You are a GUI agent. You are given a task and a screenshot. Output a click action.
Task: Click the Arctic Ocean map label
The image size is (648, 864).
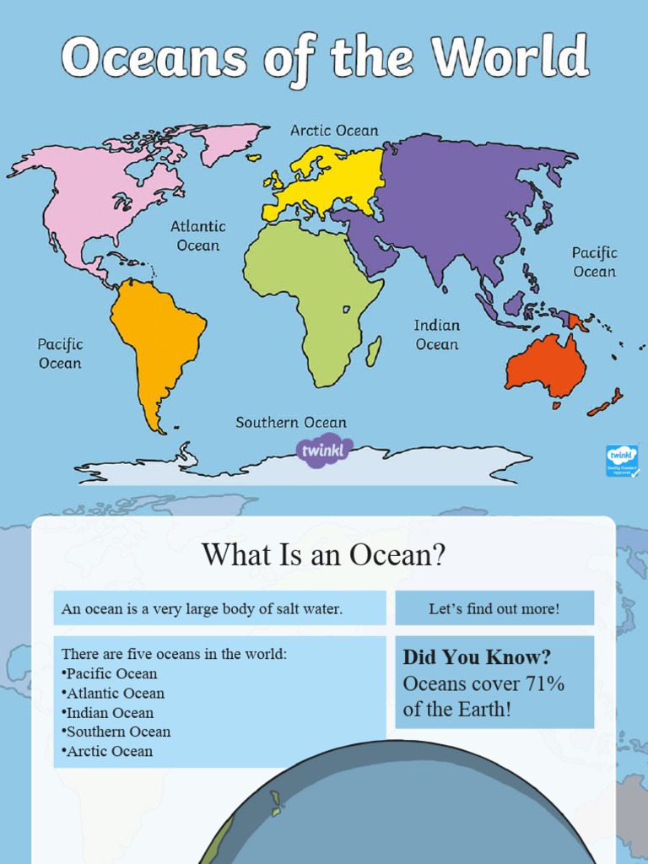(x=334, y=131)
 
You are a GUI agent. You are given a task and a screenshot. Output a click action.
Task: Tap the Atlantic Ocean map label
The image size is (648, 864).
(x=198, y=236)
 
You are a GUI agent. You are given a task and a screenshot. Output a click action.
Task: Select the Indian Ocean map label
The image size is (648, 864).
(x=437, y=335)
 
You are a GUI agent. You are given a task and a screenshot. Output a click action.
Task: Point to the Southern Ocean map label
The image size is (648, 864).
(x=291, y=423)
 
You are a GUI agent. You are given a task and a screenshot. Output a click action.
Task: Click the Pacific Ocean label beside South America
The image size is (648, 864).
(x=60, y=354)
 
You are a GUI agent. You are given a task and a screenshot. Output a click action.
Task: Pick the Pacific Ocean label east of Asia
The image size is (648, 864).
(x=594, y=262)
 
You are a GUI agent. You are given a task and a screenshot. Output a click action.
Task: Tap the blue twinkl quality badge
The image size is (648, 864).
(x=622, y=461)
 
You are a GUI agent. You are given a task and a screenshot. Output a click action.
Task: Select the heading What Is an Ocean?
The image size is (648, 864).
(x=323, y=555)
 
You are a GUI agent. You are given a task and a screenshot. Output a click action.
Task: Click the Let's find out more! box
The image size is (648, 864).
(x=494, y=608)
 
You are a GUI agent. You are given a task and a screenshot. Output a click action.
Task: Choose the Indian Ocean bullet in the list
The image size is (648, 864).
(x=110, y=713)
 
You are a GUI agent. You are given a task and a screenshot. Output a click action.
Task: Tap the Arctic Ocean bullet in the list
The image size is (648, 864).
(x=110, y=751)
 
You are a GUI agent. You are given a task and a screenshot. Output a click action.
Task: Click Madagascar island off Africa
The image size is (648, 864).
(x=373, y=351)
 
